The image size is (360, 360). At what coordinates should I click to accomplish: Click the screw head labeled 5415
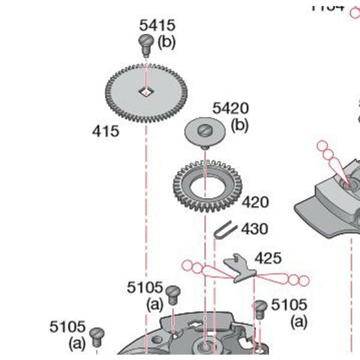pos(145,41)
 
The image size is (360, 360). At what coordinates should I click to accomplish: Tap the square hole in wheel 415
pos(145,91)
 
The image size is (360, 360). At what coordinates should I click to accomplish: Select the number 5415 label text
pos(157,25)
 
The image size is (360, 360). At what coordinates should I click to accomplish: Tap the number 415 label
pos(106,131)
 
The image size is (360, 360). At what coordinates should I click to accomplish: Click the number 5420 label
pos(230,109)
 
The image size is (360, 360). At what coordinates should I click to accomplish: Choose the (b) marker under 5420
pos(239,125)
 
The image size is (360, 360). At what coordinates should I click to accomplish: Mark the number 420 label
pos(255,202)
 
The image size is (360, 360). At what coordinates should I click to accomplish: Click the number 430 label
pos(254,229)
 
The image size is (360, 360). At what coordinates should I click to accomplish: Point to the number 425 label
pos(268,258)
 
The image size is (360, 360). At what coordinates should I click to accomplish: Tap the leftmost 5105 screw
pos(97,334)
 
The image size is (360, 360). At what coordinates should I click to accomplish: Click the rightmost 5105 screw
pos(260,308)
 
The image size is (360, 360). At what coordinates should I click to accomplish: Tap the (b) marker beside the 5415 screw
pos(166,43)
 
